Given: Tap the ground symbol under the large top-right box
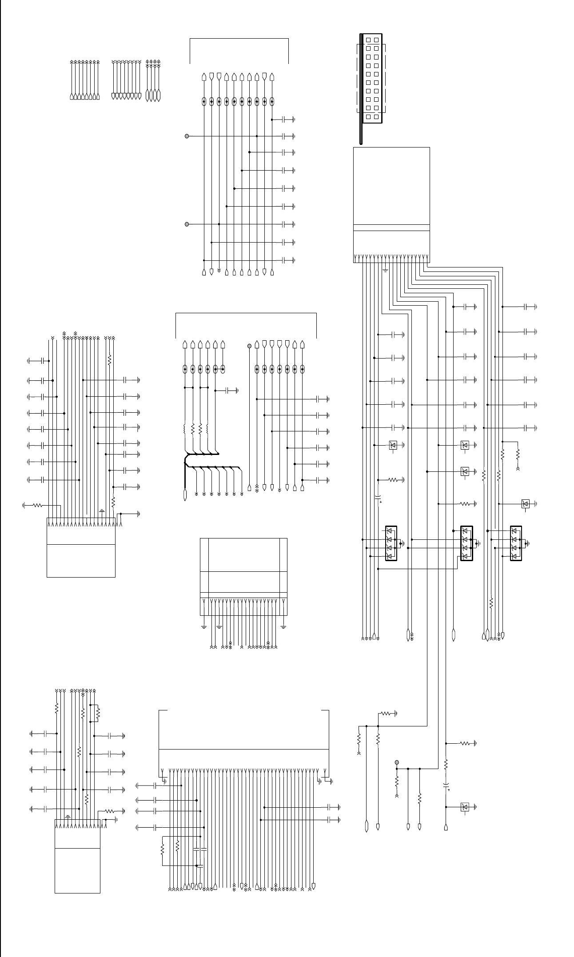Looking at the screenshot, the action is point(385,269).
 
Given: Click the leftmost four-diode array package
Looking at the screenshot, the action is point(391,543).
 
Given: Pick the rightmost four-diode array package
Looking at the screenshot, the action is point(516,543).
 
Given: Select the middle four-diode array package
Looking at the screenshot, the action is point(466,543).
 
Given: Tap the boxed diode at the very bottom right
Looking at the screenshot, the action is point(465,806).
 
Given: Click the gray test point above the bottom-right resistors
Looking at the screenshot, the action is point(397,762).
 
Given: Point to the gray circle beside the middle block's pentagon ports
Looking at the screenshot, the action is point(249,345).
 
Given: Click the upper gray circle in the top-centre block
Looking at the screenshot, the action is point(187,136).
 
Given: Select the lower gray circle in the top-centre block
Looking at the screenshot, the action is point(187,224).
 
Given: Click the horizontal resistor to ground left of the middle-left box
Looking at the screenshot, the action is point(37,505).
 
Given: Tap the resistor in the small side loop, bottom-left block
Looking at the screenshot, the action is point(98,714).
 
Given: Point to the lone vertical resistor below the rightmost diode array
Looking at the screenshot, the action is point(491,603).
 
